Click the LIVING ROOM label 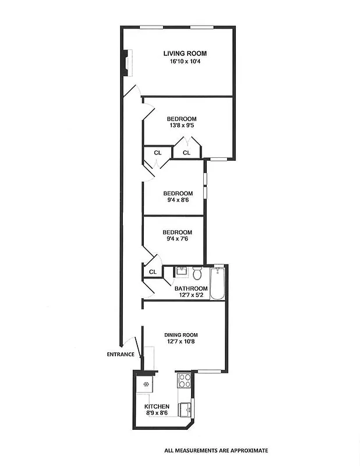tap(185, 54)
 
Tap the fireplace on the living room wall tap(125, 63)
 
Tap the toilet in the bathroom tap(197, 273)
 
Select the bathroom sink tap(181, 271)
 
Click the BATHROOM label tap(191, 288)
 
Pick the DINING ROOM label tap(181, 335)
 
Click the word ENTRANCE tap(121, 354)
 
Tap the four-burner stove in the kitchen tap(185, 381)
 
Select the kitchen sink tap(185, 409)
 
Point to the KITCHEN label tap(157, 407)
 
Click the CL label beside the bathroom tap(153, 272)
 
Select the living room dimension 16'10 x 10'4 tap(185, 61)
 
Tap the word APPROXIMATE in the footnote tap(246, 450)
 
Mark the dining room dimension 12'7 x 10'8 tap(181, 343)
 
